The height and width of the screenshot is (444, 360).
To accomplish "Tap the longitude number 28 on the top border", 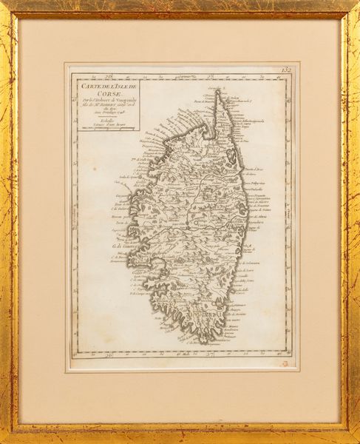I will pyautogui.click(x=108, y=75).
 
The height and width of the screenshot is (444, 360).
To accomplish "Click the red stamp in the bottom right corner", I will pyautogui.click(x=284, y=363).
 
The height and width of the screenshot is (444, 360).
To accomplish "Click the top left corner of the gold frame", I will pyautogui.click(x=3, y=3).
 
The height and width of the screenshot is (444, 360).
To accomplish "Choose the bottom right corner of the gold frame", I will pyautogui.click(x=357, y=441).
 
